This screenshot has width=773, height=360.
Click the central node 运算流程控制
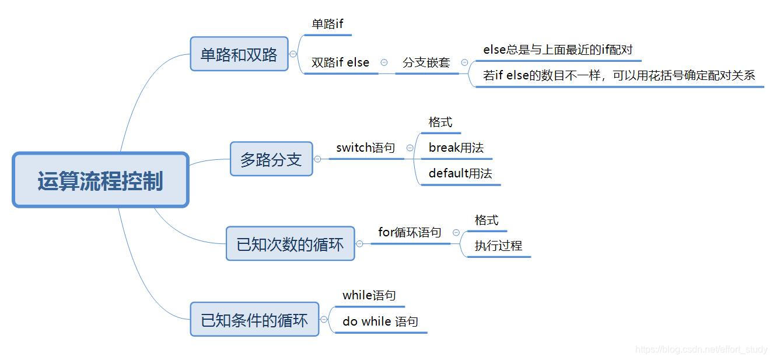tap(100, 180)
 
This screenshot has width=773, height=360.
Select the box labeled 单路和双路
tap(239, 54)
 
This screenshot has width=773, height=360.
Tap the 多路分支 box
tap(271, 159)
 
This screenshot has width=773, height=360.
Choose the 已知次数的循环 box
tap(290, 244)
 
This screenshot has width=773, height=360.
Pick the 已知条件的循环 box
tap(254, 320)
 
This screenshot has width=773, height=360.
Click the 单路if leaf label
tap(328, 25)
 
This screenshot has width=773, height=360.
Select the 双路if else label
tap(340, 62)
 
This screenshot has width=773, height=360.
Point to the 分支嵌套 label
tap(426, 62)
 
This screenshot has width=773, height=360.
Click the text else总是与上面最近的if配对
tap(558, 50)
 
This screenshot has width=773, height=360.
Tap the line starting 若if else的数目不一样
tap(619, 75)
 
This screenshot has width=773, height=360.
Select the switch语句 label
tap(366, 148)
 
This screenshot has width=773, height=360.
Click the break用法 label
tap(456, 148)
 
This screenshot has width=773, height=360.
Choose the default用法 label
tap(460, 173)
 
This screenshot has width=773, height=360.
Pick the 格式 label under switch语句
tap(440, 122)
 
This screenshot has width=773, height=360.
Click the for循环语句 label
tap(410, 232)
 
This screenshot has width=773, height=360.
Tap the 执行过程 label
tap(498, 246)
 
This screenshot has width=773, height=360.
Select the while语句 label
tap(369, 295)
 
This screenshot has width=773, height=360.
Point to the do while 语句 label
tap(380, 321)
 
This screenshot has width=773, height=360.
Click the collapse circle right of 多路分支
tap(317, 159)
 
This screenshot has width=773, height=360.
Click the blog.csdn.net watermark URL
tap(701, 349)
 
